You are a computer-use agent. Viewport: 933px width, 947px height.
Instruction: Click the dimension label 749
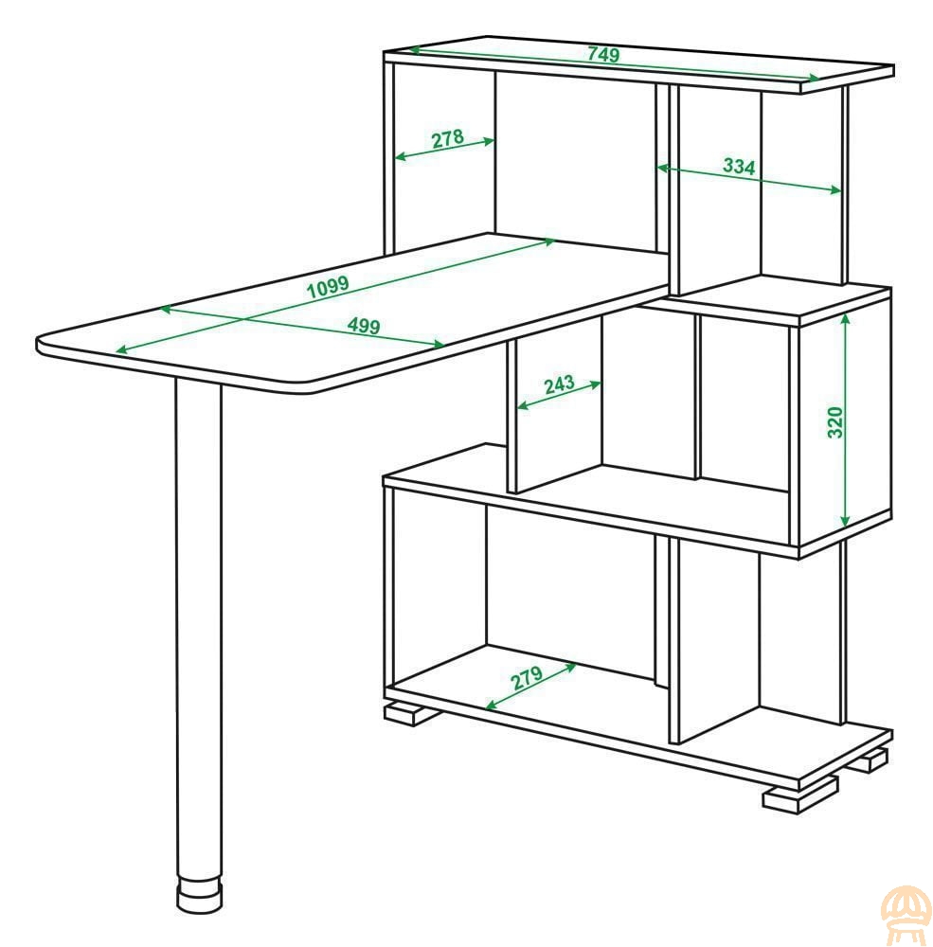(603, 54)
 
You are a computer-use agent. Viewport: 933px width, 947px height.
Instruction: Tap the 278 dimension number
(448, 138)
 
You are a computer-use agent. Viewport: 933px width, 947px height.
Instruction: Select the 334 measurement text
(739, 166)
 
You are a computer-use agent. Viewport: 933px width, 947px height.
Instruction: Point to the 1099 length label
(328, 287)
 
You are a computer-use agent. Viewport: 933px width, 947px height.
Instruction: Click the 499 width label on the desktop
(364, 326)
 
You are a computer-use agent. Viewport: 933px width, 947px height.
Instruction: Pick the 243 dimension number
(560, 384)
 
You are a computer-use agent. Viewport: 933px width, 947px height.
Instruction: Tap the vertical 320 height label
(834, 422)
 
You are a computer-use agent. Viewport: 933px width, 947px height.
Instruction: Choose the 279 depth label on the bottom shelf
(528, 678)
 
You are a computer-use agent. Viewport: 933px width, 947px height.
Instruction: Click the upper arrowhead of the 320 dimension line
(846, 319)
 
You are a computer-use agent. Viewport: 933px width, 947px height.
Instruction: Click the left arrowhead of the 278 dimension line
(400, 157)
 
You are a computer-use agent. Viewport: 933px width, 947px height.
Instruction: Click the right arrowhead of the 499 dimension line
(440, 345)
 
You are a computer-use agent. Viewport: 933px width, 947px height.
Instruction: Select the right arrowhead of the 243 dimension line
(596, 384)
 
